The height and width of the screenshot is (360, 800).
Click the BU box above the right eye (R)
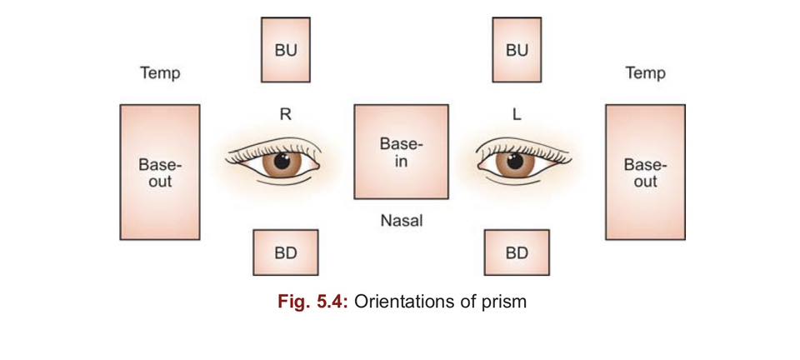[x=286, y=50]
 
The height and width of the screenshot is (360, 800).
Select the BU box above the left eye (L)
[x=517, y=50]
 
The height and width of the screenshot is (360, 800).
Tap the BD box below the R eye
[x=285, y=252]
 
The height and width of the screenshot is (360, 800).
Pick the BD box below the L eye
[x=517, y=252]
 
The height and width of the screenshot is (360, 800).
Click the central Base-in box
[x=401, y=152]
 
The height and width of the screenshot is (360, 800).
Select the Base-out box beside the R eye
[x=160, y=172]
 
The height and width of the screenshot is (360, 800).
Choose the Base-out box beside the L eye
[x=645, y=172]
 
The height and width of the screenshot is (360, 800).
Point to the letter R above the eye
[x=285, y=115]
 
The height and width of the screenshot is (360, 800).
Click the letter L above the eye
[x=517, y=115]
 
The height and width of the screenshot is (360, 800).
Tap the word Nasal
[x=401, y=221]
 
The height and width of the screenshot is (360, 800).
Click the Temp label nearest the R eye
[x=159, y=73]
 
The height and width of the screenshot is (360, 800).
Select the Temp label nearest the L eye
[x=645, y=73]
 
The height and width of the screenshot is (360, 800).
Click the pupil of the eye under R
[x=282, y=160]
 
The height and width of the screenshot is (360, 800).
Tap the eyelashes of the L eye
[x=533, y=147]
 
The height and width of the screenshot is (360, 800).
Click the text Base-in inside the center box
[x=401, y=152]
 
